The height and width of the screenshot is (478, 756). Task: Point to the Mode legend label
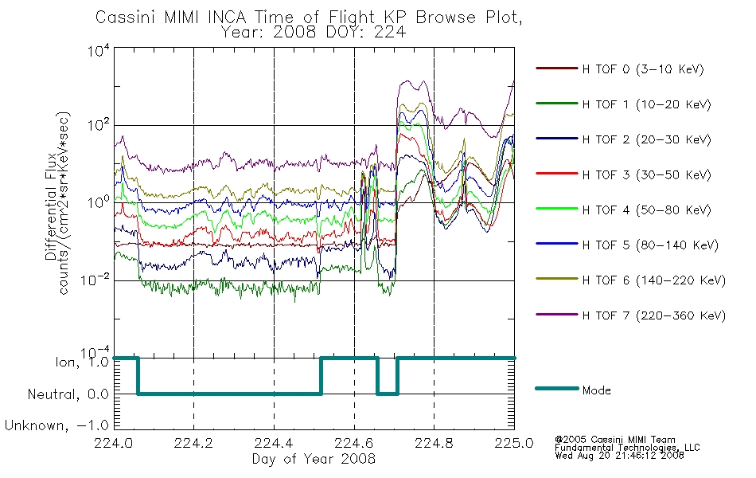(x=596, y=390)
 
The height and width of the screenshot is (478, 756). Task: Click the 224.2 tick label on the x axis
(x=194, y=443)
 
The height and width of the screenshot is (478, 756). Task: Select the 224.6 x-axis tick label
(x=354, y=443)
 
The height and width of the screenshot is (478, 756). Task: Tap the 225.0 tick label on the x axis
(x=514, y=443)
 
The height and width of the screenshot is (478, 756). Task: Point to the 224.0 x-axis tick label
(x=114, y=443)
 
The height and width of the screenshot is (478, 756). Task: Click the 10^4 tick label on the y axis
(x=99, y=51)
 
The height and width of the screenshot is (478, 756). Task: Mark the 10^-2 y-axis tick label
(x=95, y=280)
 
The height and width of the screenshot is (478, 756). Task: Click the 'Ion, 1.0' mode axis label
(x=83, y=361)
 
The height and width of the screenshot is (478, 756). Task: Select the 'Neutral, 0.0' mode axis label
(x=68, y=394)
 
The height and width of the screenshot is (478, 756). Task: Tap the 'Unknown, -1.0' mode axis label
(x=57, y=426)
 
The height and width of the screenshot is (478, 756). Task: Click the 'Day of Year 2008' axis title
(x=314, y=459)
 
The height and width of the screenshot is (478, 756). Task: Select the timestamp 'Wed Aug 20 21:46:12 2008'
(x=620, y=456)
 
